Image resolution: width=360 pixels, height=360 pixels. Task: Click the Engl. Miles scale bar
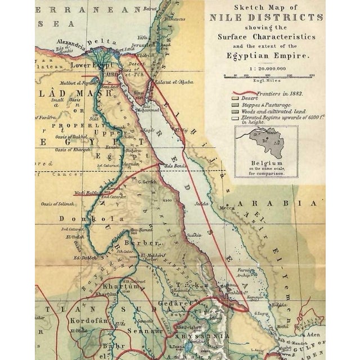point(269,76)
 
